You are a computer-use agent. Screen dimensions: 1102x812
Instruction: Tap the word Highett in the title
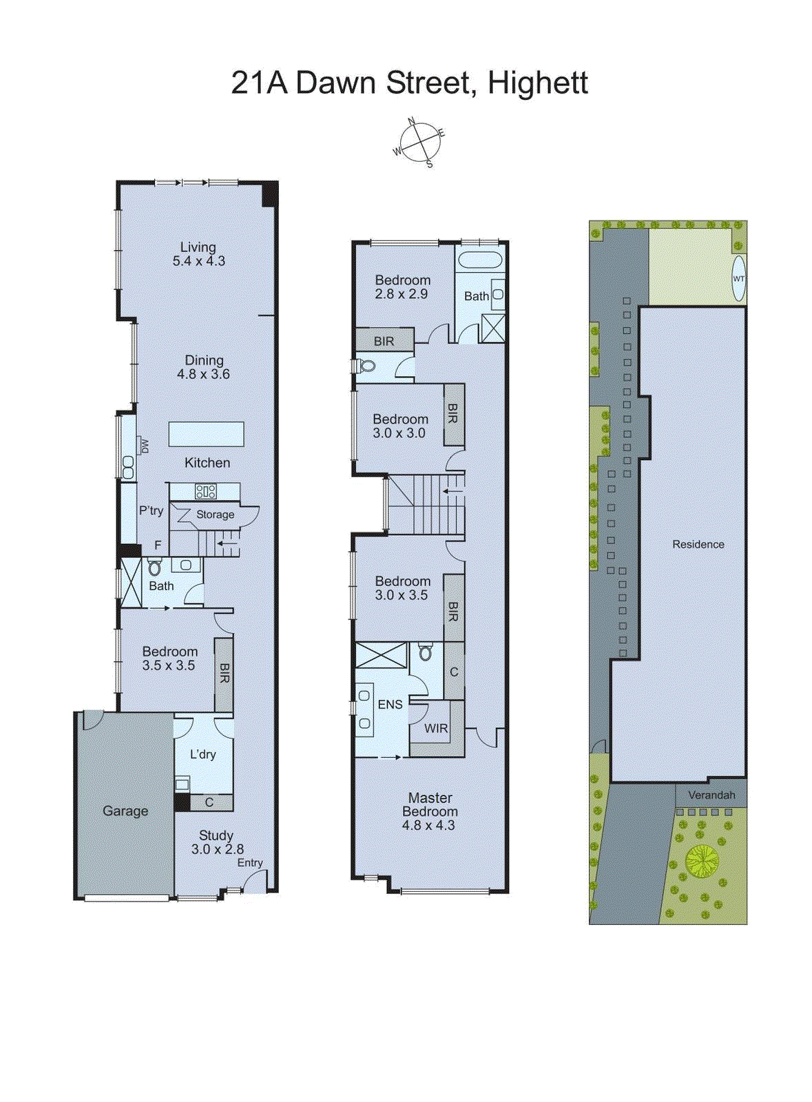tap(537, 83)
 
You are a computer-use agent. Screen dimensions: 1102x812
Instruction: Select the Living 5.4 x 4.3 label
tap(198, 254)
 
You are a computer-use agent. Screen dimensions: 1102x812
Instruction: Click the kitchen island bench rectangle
tap(206, 435)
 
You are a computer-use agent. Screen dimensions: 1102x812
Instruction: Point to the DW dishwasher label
tap(144, 446)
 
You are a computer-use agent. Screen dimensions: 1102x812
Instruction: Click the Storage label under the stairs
tap(215, 514)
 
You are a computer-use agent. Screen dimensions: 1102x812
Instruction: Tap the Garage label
tap(125, 811)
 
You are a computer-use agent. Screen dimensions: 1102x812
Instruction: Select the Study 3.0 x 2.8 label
tap(217, 842)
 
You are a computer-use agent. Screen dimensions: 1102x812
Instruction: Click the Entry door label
tap(250, 863)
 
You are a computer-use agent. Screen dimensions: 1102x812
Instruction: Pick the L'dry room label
tap(202, 755)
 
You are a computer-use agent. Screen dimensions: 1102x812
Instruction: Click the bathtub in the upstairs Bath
tap(480, 260)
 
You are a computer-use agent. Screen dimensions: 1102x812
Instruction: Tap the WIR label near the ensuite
tap(435, 729)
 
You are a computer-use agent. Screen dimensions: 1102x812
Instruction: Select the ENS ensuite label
tap(390, 705)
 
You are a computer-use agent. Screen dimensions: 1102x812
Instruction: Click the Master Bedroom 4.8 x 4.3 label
tap(429, 811)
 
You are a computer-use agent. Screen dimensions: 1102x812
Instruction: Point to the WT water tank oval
tap(738, 278)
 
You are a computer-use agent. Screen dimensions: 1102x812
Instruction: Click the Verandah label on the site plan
tap(711, 795)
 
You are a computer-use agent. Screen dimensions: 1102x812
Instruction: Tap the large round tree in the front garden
tap(702, 861)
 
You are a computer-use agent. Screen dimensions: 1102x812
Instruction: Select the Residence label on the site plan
tap(698, 544)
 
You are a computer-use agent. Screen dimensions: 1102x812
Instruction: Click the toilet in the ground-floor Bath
tap(154, 568)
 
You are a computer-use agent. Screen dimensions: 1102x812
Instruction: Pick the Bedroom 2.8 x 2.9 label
tap(402, 287)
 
